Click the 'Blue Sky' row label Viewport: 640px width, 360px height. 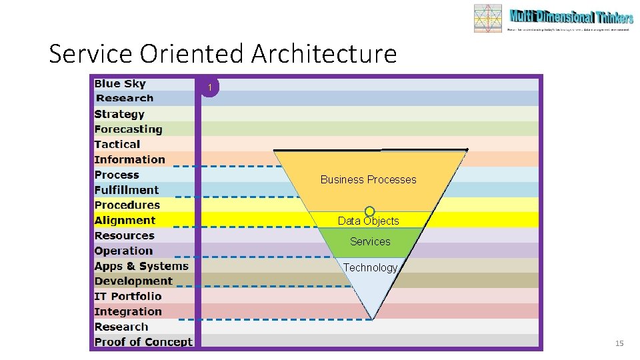click(120, 83)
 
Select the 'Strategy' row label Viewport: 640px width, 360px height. click(119, 114)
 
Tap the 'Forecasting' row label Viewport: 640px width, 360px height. click(128, 129)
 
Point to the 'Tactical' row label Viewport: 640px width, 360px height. click(117, 144)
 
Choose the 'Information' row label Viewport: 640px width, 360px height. click(129, 159)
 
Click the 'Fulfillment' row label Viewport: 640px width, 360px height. click(127, 190)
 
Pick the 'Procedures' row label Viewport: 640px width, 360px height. click(127, 205)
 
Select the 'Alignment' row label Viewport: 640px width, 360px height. click(125, 220)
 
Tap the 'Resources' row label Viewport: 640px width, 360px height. click(124, 235)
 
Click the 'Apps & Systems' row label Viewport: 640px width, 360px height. click(141, 266)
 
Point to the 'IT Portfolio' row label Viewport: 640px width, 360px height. click(128, 296)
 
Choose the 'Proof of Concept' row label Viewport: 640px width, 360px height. click(143, 342)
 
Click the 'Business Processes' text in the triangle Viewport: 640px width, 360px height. click(368, 179)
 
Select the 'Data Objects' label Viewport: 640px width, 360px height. click(368, 221)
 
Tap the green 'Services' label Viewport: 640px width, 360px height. click(370, 241)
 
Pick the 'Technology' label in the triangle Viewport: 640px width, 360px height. click(370, 267)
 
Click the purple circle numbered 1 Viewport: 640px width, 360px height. click(210, 88)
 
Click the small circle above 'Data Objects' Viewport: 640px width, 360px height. click(369, 211)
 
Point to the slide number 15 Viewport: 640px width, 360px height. click(619, 343)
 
